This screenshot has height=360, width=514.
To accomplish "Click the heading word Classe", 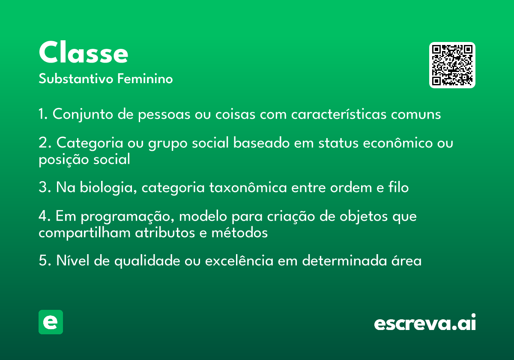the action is coord(83,52).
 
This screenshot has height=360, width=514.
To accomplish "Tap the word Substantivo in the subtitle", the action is coord(76,78).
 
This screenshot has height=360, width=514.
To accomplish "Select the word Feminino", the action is coord(145,78).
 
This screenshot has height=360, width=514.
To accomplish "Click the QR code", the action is coord(452,65).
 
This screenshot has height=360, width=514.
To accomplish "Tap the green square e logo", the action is coord(51,322).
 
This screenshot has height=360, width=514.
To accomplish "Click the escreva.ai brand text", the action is coord(425,322).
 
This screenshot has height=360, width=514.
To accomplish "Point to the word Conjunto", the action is coord(83,114).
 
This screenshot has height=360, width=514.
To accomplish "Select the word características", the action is coord(339,114).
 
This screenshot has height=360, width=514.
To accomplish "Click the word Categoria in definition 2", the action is coord(90,143).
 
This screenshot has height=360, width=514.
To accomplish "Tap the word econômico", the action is coord(397,143).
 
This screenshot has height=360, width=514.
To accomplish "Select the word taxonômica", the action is coord(248,187).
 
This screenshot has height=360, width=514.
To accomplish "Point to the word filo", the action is coord(398,187).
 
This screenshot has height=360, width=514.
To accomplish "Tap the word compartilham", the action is coord(84,233).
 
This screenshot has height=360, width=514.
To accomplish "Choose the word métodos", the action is coord(239,232).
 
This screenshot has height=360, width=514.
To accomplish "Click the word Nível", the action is coord(73,261).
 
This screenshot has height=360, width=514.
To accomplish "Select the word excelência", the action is coord(239,261).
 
